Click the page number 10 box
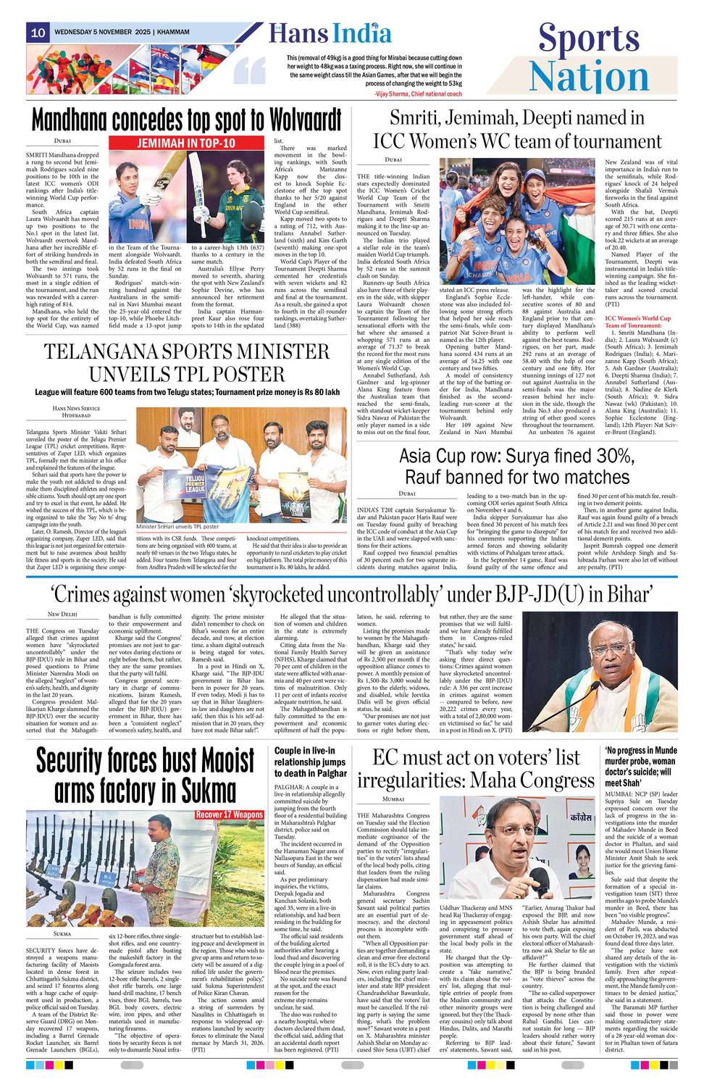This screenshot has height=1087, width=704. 38,33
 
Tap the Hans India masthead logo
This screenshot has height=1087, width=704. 330,34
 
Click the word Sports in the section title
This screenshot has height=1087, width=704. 588,39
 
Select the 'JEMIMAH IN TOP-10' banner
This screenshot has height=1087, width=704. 186,143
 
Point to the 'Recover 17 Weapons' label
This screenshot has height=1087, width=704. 229,815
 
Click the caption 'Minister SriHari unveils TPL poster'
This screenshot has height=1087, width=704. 177,527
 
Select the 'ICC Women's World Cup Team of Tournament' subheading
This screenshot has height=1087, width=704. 638,322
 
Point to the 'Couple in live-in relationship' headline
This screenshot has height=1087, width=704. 309,762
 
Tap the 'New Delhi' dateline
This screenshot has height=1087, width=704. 62,615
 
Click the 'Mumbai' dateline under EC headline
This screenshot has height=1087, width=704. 393,799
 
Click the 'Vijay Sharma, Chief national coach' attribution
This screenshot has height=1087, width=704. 418,94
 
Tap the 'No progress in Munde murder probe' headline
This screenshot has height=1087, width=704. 641,767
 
